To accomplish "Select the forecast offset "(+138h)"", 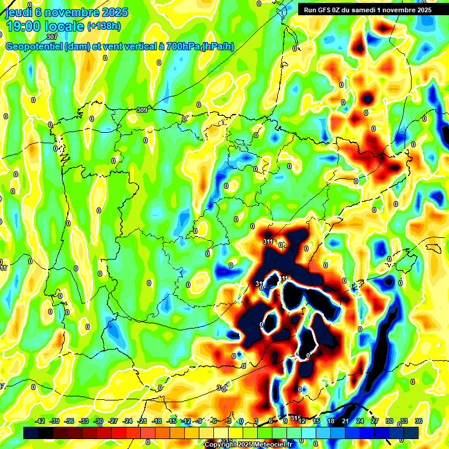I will tap(104, 26).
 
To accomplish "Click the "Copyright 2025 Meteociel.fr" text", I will tap(248, 445).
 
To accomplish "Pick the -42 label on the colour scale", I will tap(40, 422).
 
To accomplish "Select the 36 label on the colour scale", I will tap(419, 422).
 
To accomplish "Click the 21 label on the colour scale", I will tap(346, 422).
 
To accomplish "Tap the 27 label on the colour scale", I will tap(375, 422).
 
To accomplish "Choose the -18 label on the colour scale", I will tap(157, 422).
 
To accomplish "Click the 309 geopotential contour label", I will tap(142, 110).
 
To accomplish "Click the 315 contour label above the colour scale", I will tap(296, 418).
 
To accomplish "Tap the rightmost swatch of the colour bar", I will tap(411, 433).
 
